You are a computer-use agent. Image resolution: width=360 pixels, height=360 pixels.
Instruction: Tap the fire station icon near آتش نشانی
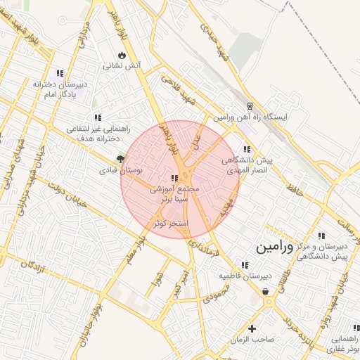point(122,54)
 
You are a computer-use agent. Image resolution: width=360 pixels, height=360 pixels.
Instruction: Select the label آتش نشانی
point(122,66)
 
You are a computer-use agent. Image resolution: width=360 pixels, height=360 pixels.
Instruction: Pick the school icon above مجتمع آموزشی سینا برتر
point(174,179)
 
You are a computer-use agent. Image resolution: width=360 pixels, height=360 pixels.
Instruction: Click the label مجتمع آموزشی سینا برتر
point(174,195)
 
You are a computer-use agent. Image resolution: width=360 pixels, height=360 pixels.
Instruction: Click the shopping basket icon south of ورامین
point(265,290)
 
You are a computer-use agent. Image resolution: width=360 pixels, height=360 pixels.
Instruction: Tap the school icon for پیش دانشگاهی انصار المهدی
point(246,149)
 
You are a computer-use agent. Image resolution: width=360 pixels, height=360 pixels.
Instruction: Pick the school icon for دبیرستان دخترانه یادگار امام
point(60,72)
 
